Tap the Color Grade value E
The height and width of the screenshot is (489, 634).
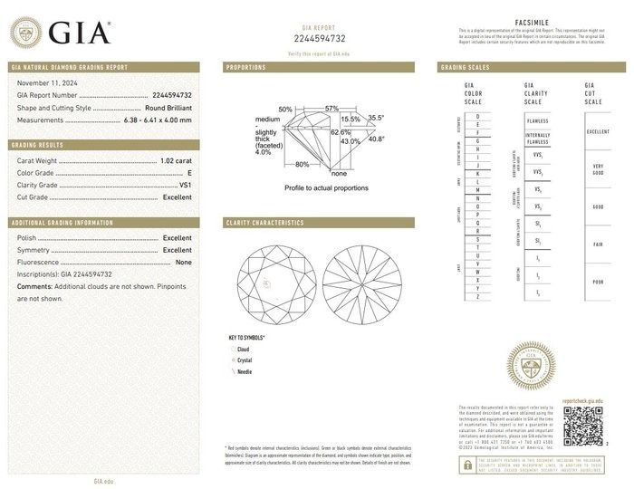pos(189,172)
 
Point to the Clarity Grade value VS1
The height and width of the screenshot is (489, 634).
pos(186,185)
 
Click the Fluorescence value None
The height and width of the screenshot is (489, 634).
pos(183,261)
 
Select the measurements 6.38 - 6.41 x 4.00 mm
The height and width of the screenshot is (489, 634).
pos(156,119)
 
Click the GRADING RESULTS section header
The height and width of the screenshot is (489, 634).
pos(37,145)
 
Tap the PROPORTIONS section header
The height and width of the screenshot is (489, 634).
pos(246,68)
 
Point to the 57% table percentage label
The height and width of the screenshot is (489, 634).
pos(331,109)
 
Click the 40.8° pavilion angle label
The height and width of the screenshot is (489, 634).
pos(375,139)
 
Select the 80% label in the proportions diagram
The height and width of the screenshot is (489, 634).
pos(302,164)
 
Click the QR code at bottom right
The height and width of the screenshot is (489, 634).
pos(582,426)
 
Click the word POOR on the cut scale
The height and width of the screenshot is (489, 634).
pos(598,282)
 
